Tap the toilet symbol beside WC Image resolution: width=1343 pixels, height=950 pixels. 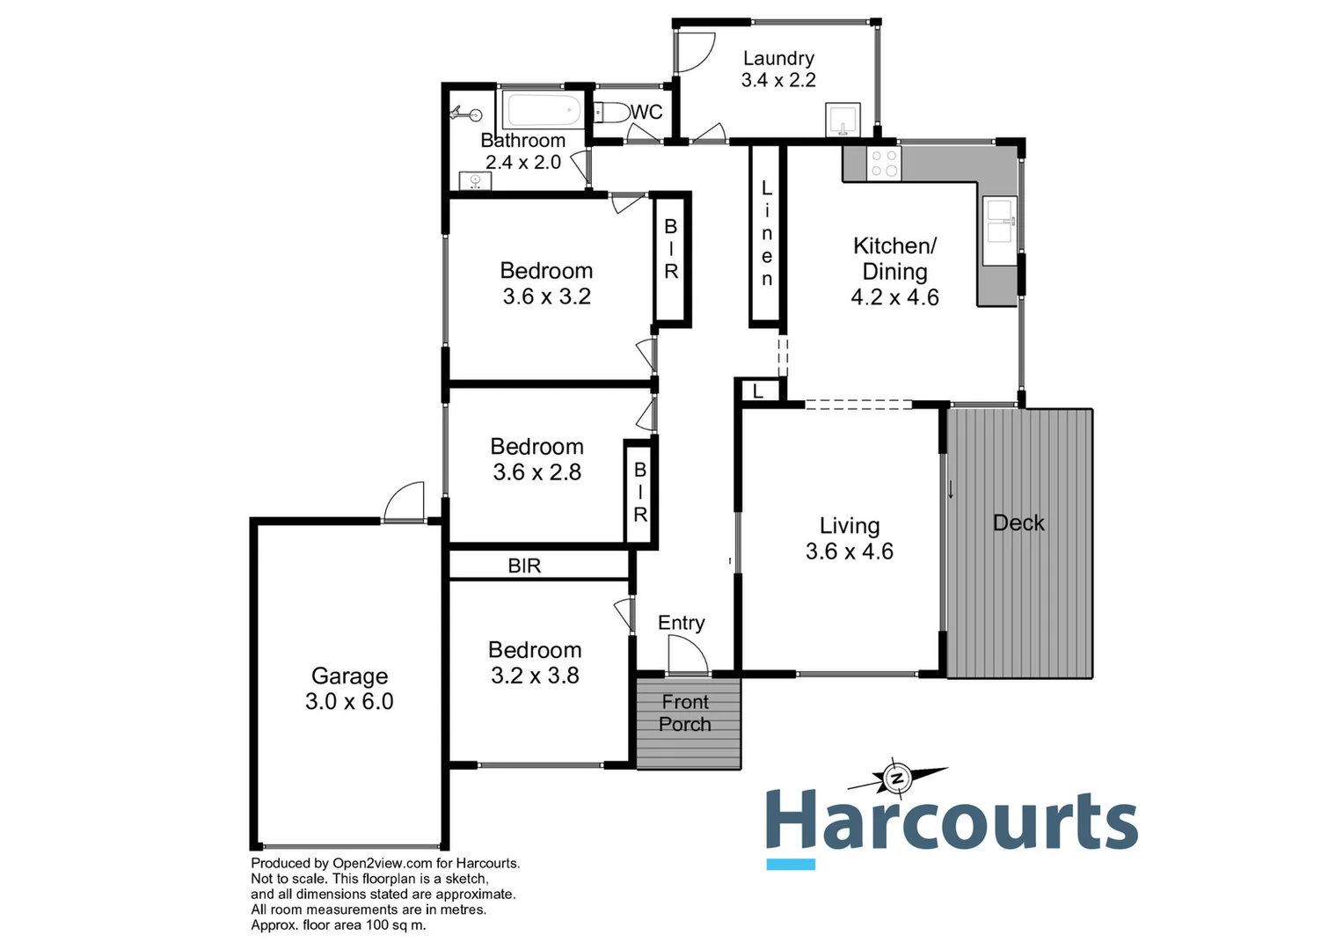click(610, 113)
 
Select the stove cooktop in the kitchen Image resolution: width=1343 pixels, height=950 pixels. click(884, 163)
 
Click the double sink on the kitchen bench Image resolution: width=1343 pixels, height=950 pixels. click(999, 220)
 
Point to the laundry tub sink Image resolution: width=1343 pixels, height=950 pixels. click(843, 120)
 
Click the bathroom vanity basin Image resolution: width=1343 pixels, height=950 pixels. click(475, 181)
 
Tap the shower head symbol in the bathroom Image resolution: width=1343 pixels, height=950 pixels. click(467, 113)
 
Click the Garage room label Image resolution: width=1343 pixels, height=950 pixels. click(349, 676)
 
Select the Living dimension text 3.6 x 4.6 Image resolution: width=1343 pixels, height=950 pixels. click(849, 552)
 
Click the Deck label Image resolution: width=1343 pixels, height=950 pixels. click(1018, 522)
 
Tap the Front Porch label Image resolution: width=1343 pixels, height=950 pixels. click(685, 713)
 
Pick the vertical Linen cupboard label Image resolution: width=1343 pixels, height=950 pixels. click(766, 233)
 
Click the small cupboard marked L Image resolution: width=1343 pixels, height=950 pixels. click(758, 391)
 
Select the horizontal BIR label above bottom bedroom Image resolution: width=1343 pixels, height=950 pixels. click(524, 566)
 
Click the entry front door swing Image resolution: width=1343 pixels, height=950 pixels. click(688, 654)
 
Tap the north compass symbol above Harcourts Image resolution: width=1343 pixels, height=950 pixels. click(896, 778)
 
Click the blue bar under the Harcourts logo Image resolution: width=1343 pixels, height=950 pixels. click(790, 864)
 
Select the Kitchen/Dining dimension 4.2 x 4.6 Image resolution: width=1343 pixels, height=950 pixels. click(894, 297)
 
